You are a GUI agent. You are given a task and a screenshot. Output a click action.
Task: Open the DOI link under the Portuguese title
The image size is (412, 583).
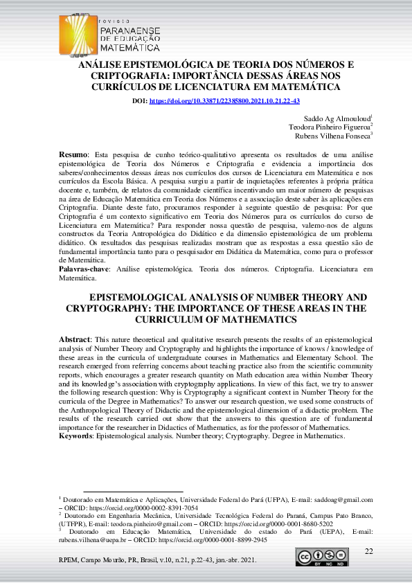pyautogui.click(x=224, y=101)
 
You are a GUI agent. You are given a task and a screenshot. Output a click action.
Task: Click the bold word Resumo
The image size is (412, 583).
pyautogui.click(x=73, y=153)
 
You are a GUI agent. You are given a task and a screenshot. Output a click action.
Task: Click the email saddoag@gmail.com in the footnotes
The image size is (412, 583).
pyautogui.click(x=343, y=499)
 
